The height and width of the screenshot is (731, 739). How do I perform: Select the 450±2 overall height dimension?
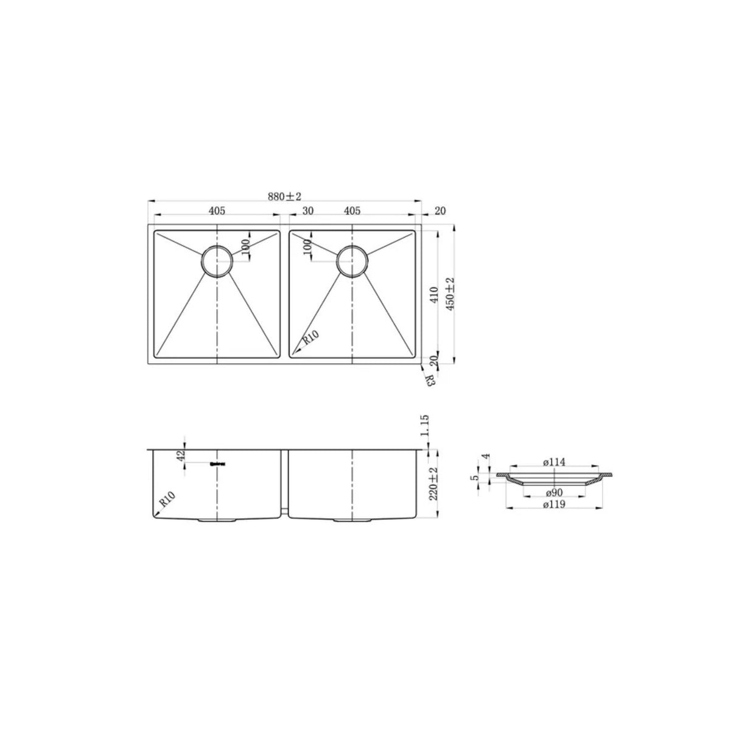tap(450, 295)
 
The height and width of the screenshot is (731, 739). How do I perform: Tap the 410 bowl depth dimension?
tap(434, 296)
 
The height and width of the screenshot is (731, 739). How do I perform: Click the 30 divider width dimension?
tap(307, 211)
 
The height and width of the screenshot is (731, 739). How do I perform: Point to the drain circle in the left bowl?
tap(216, 261)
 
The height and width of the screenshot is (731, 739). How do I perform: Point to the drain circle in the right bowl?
tap(351, 261)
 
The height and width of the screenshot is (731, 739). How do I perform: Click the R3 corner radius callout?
tap(429, 381)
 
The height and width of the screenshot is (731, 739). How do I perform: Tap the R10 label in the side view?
tap(168, 501)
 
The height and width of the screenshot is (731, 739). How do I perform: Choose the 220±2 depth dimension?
tap(434, 484)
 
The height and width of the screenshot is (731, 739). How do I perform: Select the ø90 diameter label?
tap(554, 492)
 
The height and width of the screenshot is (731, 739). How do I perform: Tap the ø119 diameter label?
tap(554, 505)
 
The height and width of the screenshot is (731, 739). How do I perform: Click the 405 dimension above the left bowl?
tap(217, 211)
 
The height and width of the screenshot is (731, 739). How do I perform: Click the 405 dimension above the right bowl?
tap(352, 211)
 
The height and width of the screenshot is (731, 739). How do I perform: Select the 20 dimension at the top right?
tap(441, 211)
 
